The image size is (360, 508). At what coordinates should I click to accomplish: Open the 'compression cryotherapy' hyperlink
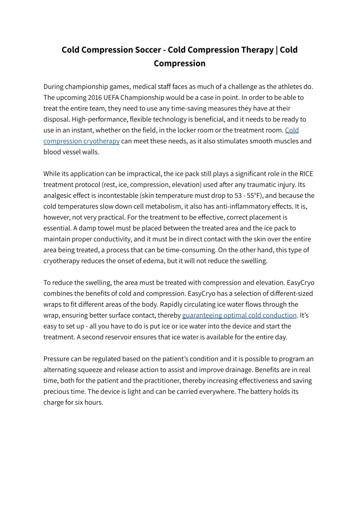tap(81, 141)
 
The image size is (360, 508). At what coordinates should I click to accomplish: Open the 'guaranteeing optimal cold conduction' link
tap(239, 315)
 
